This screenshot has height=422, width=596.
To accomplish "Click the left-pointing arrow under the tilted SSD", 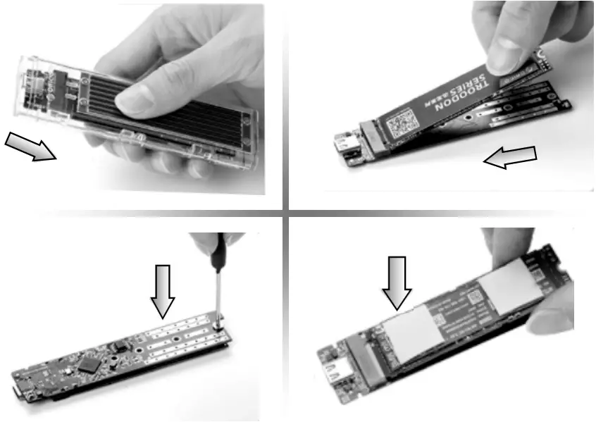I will coord(509,158).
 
